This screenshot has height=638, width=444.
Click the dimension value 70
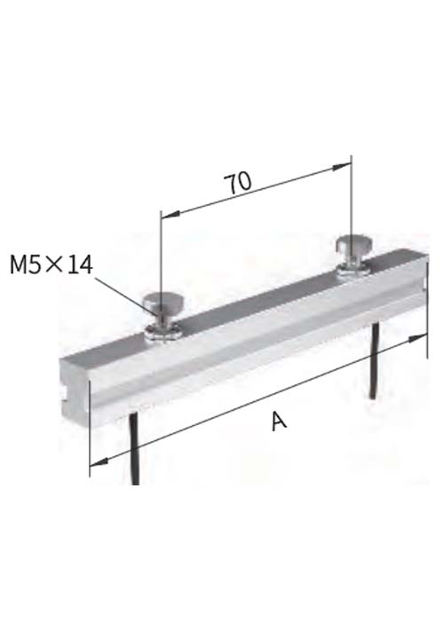(239, 183)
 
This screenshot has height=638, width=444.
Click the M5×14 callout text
(52, 264)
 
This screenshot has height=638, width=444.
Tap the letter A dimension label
(279, 421)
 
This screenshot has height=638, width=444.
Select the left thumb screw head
(163, 302)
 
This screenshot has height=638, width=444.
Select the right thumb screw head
(353, 244)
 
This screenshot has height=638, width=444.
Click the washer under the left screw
(163, 334)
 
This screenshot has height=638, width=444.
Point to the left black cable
(134, 448)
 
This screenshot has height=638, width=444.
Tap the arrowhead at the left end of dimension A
(99, 462)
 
